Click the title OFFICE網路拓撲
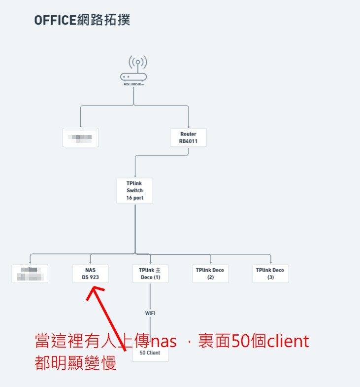coord(82,20)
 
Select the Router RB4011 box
coord(188,138)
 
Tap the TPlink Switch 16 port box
coord(134,190)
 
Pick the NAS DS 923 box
coord(90,274)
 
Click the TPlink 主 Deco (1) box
coord(150,274)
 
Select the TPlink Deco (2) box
coord(210,274)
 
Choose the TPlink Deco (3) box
coord(270,274)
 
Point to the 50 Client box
coord(150,353)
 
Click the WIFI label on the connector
coord(150,313)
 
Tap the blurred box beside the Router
coord(81,138)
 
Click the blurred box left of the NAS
coord(30,274)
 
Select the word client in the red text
coord(288,341)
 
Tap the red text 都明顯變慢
coord(76,363)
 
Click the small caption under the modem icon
coord(134,85)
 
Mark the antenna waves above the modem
coord(138,62)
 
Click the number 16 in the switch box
coord(129,198)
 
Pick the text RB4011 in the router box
coord(188,141)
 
